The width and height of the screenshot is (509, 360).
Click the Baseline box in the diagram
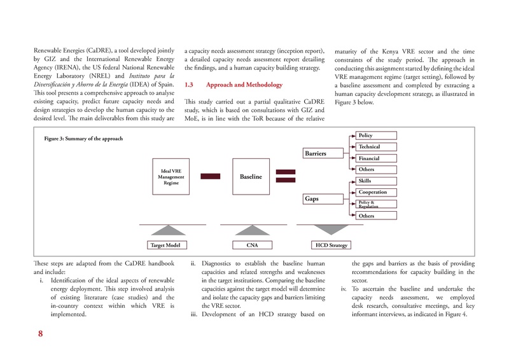point(251,176)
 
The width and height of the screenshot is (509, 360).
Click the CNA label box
point(251,244)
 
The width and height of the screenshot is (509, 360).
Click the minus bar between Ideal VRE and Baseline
point(211,176)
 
